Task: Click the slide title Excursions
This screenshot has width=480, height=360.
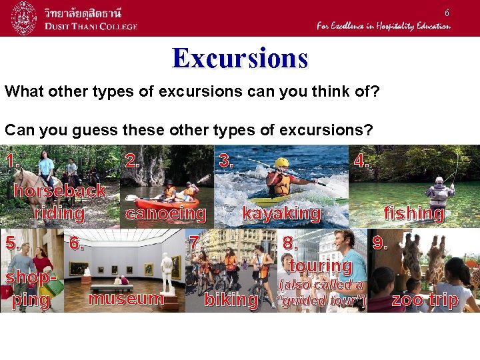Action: (240, 58)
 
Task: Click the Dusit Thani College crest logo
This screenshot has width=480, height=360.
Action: (24, 18)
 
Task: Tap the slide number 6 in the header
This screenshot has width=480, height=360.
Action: (447, 13)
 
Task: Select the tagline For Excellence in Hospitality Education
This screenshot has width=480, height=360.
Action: (383, 26)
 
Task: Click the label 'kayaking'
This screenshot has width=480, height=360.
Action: (281, 213)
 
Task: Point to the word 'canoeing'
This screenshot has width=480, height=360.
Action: (165, 213)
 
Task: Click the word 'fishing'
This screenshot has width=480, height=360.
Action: (413, 213)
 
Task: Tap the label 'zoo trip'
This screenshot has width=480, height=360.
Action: (425, 300)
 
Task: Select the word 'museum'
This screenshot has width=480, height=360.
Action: (126, 298)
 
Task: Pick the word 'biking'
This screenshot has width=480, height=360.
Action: (231, 300)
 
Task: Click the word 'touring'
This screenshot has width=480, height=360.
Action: (321, 266)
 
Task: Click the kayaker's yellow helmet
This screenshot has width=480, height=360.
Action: (282, 162)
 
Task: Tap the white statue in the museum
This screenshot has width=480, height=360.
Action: (167, 272)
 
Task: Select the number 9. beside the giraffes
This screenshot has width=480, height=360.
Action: (380, 243)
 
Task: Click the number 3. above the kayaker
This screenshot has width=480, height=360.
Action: (227, 161)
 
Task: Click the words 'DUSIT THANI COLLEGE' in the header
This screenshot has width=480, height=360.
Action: (91, 26)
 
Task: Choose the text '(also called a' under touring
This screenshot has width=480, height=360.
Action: (321, 285)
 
